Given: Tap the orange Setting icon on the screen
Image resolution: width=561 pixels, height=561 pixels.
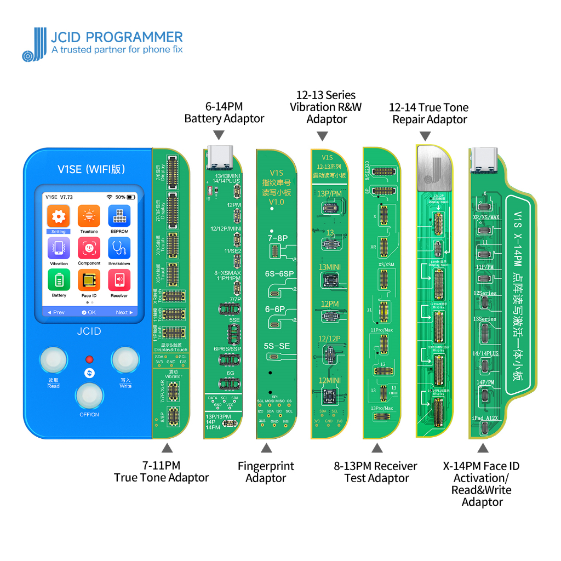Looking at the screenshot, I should point(59,216).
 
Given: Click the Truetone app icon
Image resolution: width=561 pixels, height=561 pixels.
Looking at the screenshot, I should point(89,216).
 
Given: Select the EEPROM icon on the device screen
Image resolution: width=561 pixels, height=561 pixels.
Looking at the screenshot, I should point(119,216).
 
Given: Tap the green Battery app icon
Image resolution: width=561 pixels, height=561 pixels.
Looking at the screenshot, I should point(59,280).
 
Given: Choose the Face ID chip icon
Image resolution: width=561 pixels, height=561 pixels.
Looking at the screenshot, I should point(89,280).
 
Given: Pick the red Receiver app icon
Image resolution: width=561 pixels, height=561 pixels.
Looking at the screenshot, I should point(119,280).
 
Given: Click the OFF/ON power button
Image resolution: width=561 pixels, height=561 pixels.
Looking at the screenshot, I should point(89,395).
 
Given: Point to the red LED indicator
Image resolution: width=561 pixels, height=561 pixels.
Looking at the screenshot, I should point(89,359).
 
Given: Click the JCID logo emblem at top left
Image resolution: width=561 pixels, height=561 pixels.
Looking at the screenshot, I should point(35,44).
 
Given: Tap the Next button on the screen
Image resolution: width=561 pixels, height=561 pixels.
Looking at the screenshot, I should point(124,312).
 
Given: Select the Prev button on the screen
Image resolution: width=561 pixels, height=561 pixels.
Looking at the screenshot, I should point(55,312).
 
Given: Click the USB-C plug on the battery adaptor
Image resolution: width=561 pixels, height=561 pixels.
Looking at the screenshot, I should point(219,156).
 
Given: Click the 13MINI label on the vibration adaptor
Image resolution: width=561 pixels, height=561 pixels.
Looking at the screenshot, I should point(329,267).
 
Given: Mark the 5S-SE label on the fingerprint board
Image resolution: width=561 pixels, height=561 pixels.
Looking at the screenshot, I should point(277,346).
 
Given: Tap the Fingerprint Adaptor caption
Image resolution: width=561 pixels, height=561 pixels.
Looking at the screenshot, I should point(266,472).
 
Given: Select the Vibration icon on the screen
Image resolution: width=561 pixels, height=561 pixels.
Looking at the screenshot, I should point(59,249).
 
